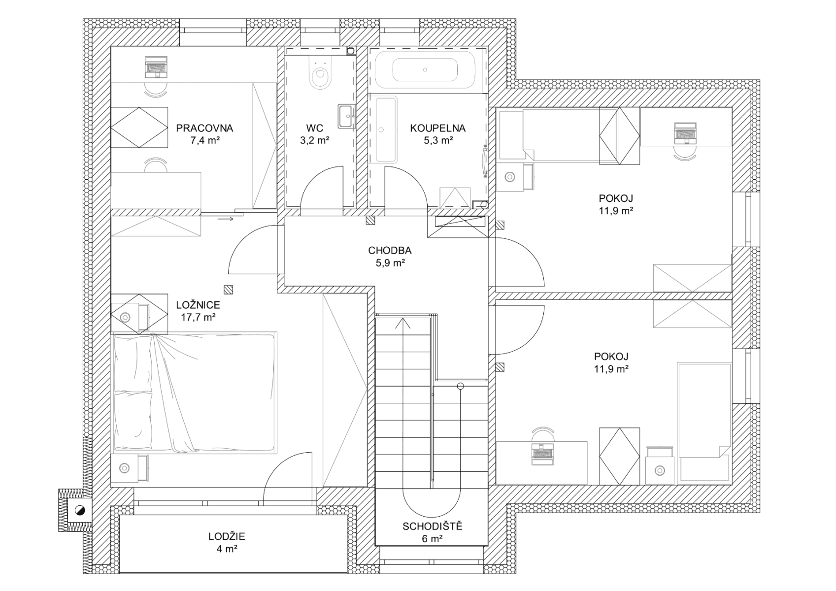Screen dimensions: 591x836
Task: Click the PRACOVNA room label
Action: pyautogui.click(x=204, y=128)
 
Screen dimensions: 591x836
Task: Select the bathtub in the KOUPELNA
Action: pyautogui.click(x=425, y=70)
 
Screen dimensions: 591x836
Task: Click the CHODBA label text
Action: pyautogui.click(x=390, y=250)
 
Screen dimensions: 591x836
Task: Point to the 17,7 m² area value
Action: pyautogui.click(x=198, y=317)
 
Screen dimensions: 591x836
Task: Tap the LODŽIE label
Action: pyautogui.click(x=227, y=536)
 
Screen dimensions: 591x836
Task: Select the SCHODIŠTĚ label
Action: pyautogui.click(x=432, y=526)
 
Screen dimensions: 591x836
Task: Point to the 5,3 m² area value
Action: pyautogui.click(x=438, y=140)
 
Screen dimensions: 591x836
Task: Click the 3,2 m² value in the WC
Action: pyautogui.click(x=314, y=140)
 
